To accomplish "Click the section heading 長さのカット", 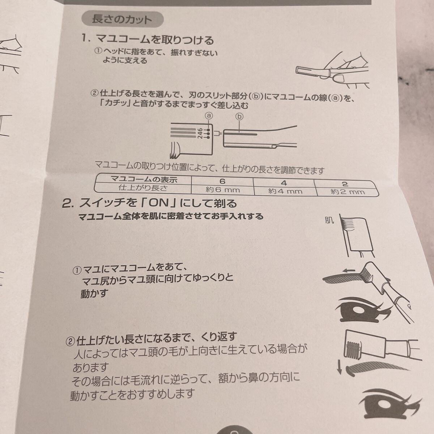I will tap(122, 19).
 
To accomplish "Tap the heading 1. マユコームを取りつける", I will tap(148, 40).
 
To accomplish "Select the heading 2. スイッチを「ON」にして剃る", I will tap(149, 204).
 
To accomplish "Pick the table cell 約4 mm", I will tap(285, 191).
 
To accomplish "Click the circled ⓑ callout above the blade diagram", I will tap(239, 117).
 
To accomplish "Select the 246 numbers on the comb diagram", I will tap(200, 135).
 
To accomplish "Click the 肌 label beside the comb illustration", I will tap(329, 220).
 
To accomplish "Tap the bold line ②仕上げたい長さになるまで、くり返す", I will tap(151, 339).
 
